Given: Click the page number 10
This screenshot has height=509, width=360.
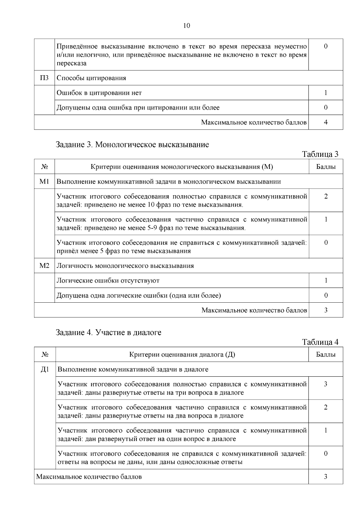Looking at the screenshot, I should click(x=186, y=26).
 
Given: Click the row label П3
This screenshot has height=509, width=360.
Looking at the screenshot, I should click(x=44, y=78).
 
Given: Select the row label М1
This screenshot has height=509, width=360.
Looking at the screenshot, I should click(x=44, y=181).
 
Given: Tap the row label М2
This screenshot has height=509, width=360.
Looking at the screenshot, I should click(x=44, y=266).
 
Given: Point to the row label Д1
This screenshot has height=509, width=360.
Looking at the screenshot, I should click(x=45, y=369).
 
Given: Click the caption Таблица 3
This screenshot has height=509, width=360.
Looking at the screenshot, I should click(x=320, y=154).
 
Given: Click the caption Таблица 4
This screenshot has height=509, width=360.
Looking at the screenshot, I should click(x=320, y=342).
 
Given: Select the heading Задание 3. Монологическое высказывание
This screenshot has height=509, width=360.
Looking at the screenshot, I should click(x=132, y=145).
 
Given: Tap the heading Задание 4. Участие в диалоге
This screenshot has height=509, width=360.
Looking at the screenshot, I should click(x=109, y=332).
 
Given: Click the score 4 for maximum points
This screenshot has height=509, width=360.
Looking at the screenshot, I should click(x=326, y=122).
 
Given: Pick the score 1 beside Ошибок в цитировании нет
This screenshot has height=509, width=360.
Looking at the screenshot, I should click(x=326, y=93).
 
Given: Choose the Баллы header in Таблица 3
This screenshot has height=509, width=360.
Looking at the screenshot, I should click(x=326, y=167).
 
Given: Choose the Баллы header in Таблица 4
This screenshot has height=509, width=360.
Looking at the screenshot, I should click(x=326, y=355).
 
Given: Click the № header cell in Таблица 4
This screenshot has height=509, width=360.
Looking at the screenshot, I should click(x=45, y=355).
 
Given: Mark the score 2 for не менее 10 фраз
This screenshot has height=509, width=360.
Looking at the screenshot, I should click(x=326, y=196).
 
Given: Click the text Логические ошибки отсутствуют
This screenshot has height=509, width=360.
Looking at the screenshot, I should click(x=108, y=281).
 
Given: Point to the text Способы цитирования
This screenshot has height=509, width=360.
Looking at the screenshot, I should click(x=91, y=78).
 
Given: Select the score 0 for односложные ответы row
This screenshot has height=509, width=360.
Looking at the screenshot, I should click(x=326, y=454).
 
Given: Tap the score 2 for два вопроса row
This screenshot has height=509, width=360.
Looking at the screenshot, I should click(x=326, y=407).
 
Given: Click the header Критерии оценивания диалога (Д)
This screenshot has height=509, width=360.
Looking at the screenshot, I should click(x=182, y=355).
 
